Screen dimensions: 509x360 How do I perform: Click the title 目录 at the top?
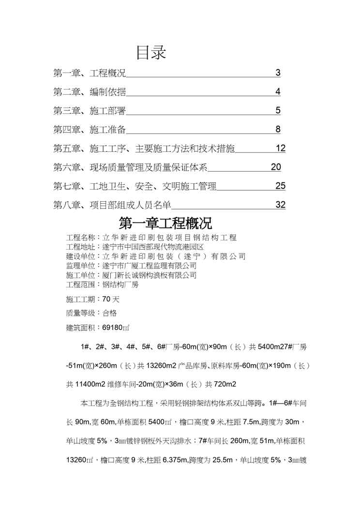(x=151, y=53)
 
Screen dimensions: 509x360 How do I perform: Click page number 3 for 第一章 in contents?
(x=278, y=73)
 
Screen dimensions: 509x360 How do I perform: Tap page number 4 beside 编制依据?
(x=278, y=92)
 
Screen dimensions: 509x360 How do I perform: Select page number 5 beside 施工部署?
(x=278, y=110)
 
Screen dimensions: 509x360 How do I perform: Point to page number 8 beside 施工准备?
(x=278, y=129)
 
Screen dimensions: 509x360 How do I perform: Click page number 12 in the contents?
(x=281, y=148)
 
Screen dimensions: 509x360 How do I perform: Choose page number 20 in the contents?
(x=276, y=167)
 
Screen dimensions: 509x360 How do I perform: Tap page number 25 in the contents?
(x=280, y=186)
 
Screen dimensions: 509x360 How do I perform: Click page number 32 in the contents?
(x=280, y=205)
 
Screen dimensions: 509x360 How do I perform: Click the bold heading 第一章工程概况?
(x=165, y=224)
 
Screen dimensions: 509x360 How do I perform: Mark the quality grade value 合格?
(x=109, y=313)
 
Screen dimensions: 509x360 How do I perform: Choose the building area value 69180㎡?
(x=116, y=328)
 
